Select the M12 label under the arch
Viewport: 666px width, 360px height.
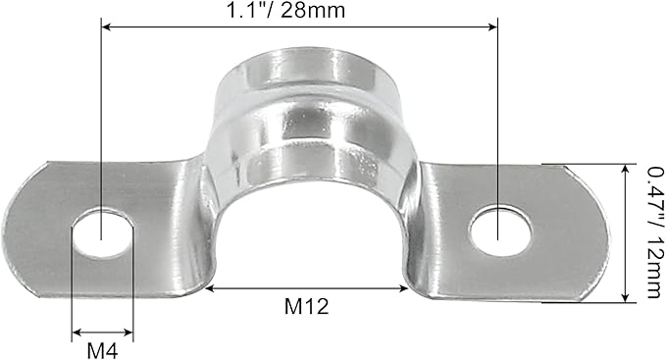click(306, 306)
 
